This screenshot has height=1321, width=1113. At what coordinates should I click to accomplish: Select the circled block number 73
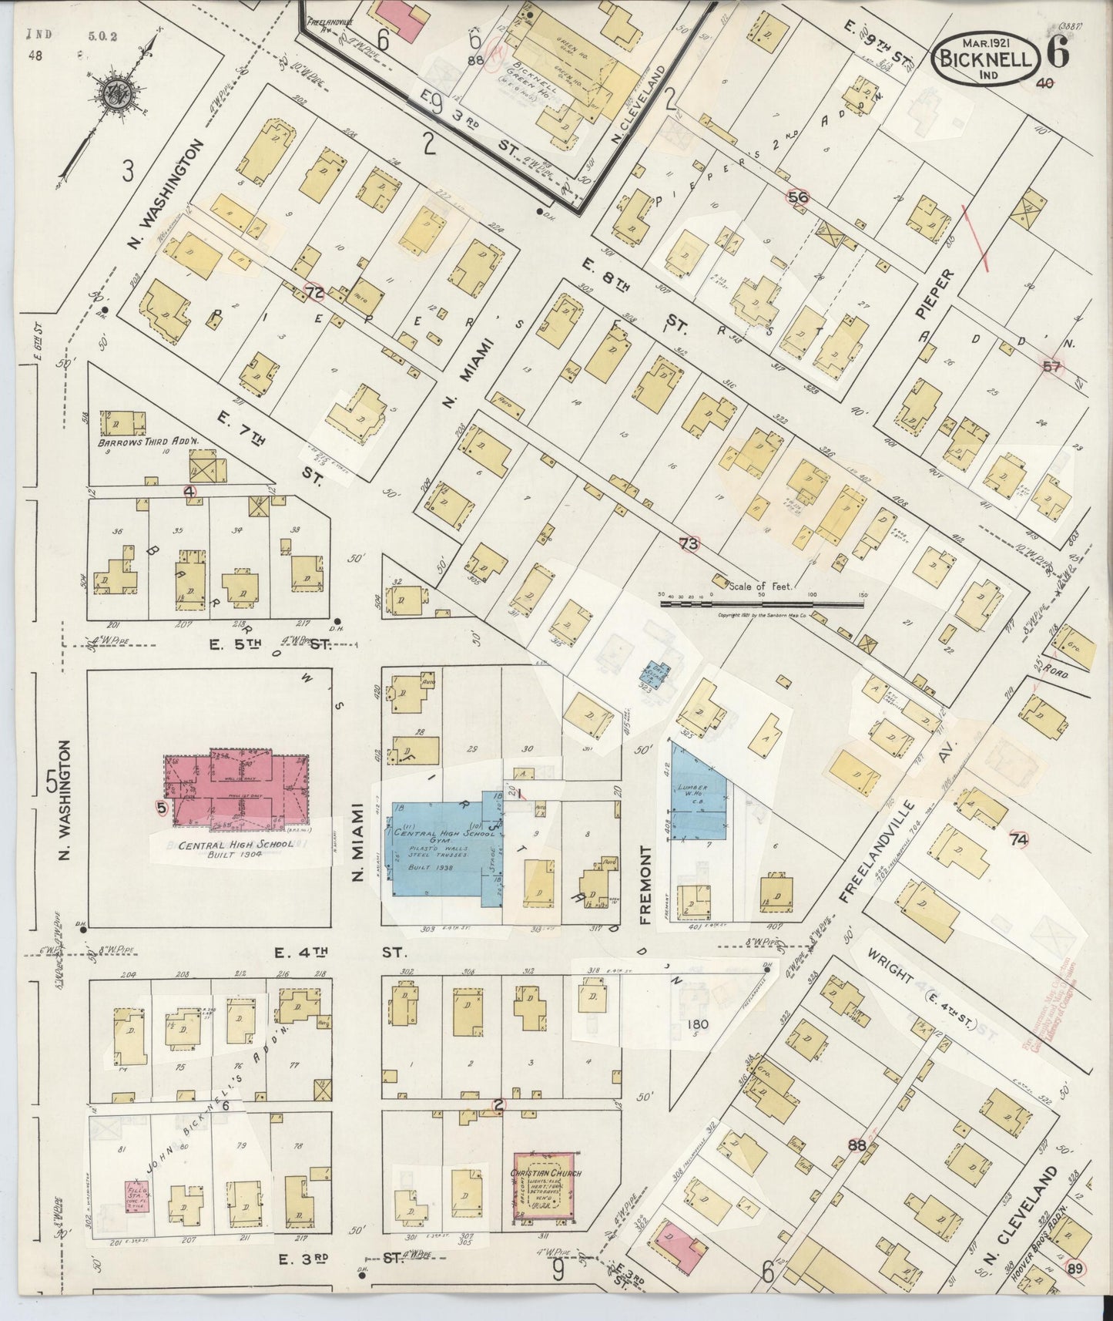(x=689, y=543)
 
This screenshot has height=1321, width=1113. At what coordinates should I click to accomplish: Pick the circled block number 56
(x=798, y=197)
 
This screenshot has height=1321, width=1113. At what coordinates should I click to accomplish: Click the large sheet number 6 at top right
(x=1057, y=54)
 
